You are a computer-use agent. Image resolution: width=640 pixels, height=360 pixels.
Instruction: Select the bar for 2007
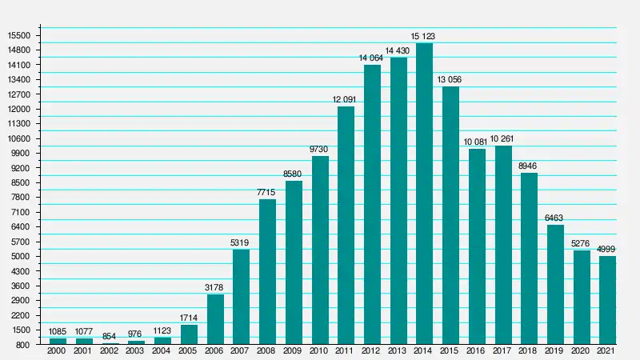coord(241,297)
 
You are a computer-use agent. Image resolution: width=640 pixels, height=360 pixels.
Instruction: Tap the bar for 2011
coord(346,225)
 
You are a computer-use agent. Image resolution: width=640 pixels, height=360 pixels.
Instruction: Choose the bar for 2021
coord(607,300)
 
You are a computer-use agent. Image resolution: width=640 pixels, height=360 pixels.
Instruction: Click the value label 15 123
coord(424,37)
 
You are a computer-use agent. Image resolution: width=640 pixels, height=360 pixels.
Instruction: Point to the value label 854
coord(110,337)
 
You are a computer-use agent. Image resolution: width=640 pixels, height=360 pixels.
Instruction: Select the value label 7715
coord(267,193)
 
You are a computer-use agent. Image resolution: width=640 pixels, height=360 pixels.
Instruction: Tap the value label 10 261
coord(502,139)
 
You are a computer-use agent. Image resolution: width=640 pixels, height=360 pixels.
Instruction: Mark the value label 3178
coord(215,288)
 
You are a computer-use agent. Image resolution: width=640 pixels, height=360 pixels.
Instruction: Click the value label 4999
coord(607,250)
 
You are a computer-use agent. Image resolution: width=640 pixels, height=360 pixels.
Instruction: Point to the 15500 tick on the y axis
coord(18,36)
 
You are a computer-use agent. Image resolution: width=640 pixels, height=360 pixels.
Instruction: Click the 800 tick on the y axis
coord(22,345)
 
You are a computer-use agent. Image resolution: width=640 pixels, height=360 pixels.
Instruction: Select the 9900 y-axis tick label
coord(19,154)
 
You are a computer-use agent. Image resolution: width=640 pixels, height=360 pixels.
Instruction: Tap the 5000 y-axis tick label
coord(19,257)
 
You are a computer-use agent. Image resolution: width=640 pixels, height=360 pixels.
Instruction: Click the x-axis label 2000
coord(58,352)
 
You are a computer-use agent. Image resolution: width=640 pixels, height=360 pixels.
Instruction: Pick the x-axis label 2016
coord(477,352)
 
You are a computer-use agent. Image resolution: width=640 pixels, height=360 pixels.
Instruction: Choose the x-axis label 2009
coord(294,352)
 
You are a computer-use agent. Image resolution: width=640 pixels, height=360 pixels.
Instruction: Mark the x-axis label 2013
coord(398,352)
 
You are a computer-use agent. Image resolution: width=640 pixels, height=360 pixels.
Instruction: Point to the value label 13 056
coord(450,80)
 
